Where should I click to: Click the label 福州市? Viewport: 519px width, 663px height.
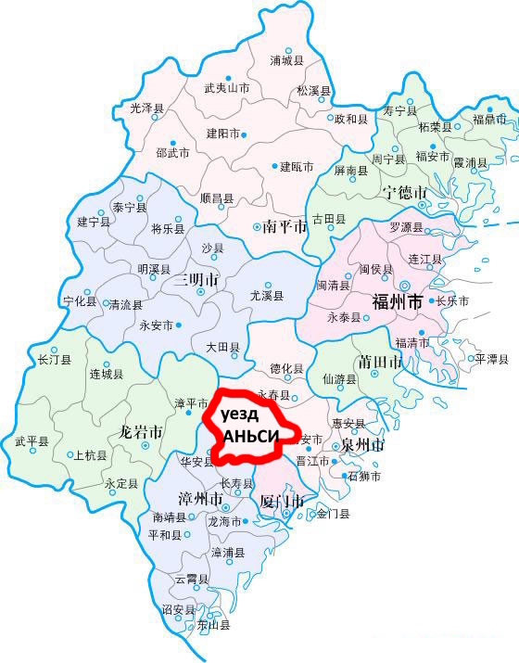397,302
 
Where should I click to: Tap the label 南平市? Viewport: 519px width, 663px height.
285,226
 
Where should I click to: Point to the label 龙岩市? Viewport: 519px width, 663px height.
142,433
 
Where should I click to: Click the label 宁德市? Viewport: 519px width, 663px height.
405,193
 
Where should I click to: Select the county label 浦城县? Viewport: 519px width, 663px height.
286,61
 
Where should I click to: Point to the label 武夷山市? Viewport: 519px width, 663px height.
227,89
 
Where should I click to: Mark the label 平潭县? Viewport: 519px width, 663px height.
488,358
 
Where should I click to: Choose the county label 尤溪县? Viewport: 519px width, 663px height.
267,296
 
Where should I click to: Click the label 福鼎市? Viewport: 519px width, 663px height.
489,119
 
